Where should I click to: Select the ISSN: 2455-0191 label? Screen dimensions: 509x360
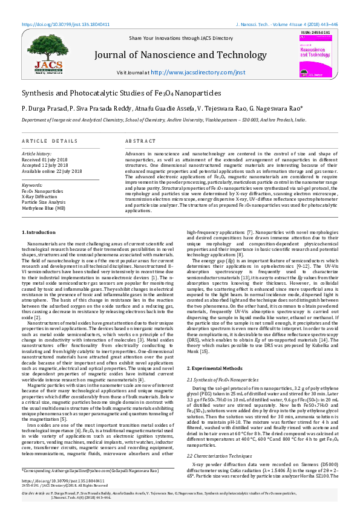click(x=315, y=32)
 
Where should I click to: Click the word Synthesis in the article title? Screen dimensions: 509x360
click(x=41, y=94)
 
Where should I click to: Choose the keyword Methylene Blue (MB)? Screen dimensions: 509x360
click(x=44, y=207)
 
